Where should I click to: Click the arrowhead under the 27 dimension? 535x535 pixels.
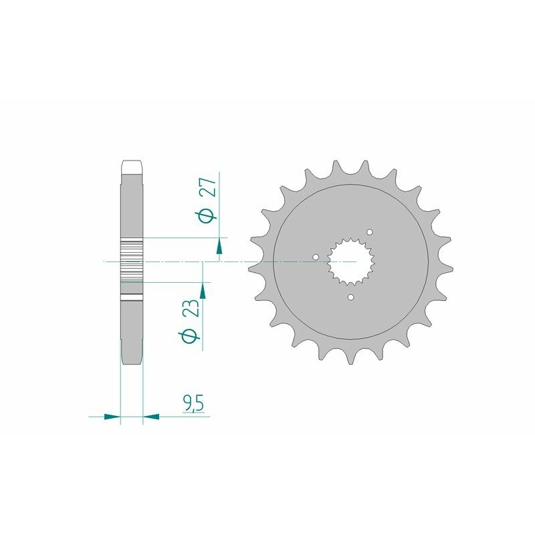coord(219,246)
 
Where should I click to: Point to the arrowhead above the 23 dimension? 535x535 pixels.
coord(203,291)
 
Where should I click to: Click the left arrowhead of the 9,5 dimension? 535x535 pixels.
coord(112,416)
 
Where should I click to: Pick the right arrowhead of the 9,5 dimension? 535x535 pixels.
coord(151,416)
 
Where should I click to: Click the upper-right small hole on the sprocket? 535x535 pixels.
coord(370,232)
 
